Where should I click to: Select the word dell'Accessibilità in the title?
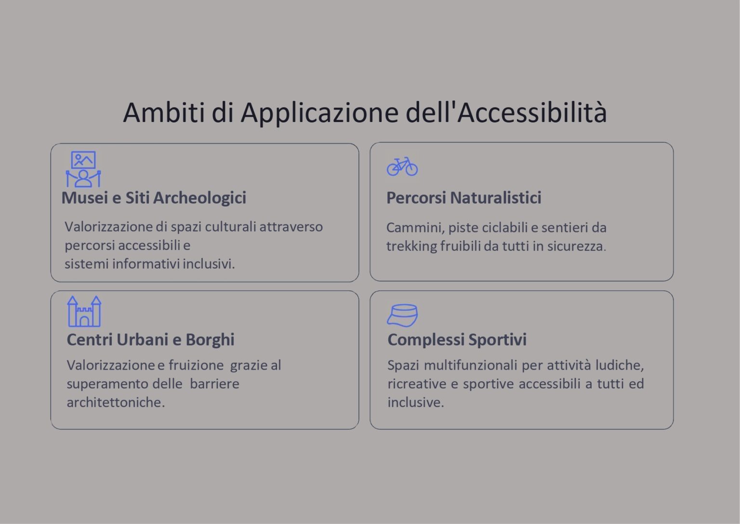click(x=506, y=112)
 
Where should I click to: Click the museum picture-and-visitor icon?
click(x=83, y=169)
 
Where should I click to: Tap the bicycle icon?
click(x=402, y=166)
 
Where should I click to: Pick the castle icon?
click(x=84, y=312)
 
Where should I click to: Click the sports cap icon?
click(x=402, y=316)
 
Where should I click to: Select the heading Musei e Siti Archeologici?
click(x=154, y=198)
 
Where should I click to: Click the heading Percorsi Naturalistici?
click(x=463, y=198)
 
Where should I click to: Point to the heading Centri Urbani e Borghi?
click(x=150, y=340)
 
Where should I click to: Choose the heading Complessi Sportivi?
click(x=457, y=340)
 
